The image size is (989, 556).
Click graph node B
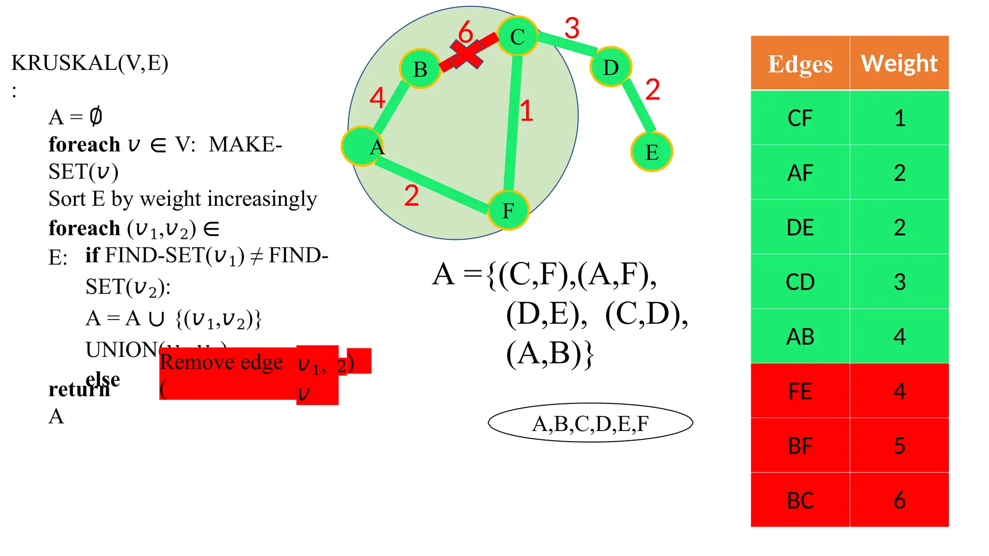pos(420,69)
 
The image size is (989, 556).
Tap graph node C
pos(517,36)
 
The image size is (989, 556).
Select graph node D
pos(611,67)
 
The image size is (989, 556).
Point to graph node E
pos(652,152)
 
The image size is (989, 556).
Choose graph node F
pos(509,210)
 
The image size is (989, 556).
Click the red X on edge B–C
pos(466,54)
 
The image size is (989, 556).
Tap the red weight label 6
pos(466,32)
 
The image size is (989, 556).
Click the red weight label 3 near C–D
pos(572,28)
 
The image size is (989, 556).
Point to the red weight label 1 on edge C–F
pos(526,111)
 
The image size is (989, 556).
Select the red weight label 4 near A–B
pos(377,98)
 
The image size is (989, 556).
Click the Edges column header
pos(800,63)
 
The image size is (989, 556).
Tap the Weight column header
pos(899,63)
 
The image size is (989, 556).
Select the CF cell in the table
pos(800,118)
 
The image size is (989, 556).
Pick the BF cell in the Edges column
pos(800,445)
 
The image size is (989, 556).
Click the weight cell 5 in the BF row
pos(899,445)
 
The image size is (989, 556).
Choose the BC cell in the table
pos(800,500)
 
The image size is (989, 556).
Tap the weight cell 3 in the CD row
pos(899,282)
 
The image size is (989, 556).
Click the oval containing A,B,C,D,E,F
pos(590,423)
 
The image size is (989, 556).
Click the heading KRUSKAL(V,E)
pos(90,63)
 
